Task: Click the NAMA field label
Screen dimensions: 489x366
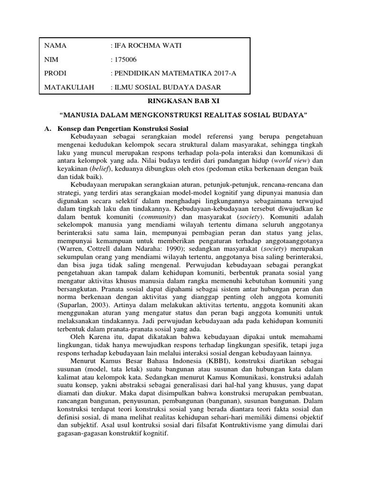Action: coord(55,46)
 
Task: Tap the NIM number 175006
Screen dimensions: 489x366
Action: coord(124,60)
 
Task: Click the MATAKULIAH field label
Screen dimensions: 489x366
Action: coord(70,87)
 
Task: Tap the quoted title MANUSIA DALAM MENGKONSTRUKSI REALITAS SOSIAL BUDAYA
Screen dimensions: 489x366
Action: coord(183,116)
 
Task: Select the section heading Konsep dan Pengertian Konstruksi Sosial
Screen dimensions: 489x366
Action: coord(123,129)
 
